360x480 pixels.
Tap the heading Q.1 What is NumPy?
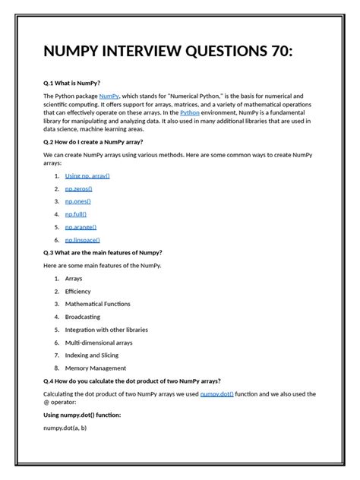[72, 83]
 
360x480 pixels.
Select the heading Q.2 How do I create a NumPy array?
[93, 141]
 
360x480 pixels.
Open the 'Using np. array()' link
[87, 175]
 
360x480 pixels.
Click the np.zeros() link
[78, 188]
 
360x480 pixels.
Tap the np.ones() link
[77, 201]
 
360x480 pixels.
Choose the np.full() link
[76, 214]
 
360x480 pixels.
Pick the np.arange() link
[81, 227]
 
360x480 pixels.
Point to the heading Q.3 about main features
[103, 252]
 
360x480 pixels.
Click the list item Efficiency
[77, 292]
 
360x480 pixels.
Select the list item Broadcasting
[82, 317]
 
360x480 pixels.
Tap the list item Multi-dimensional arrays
[99, 343]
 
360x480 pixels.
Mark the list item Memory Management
[96, 368]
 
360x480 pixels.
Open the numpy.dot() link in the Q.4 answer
[217, 394]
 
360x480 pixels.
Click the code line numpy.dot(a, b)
[65, 428]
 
